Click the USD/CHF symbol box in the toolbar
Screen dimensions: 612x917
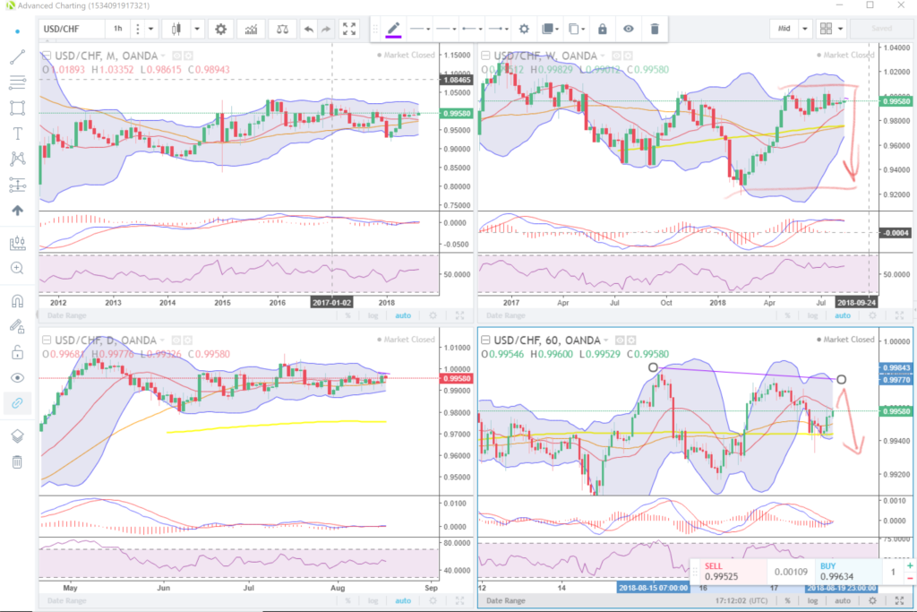(x=70, y=29)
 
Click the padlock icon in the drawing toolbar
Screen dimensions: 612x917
(x=603, y=29)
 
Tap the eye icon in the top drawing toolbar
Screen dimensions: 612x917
(x=629, y=29)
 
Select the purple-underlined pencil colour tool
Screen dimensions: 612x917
(x=393, y=29)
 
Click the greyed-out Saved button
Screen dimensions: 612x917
(x=882, y=29)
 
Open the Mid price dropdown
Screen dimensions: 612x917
(x=805, y=29)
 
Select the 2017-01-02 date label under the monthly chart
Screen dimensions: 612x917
(x=333, y=302)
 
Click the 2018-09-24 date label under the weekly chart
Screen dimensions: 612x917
(x=856, y=303)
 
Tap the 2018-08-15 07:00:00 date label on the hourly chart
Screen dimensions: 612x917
(x=653, y=588)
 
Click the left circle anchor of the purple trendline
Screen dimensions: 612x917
(x=654, y=367)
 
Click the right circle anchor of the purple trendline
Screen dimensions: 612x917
(x=841, y=379)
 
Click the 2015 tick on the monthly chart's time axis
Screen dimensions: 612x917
(x=222, y=303)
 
